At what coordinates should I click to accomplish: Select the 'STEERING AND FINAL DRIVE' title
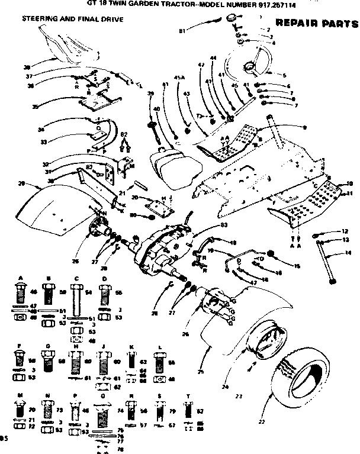click(72, 20)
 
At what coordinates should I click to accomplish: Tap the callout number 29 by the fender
click(21, 183)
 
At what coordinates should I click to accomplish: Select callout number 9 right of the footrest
click(304, 127)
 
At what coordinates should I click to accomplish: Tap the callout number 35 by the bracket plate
click(35, 107)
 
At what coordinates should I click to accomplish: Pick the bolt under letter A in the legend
click(20, 294)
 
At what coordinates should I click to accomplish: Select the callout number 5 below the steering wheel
click(285, 75)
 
